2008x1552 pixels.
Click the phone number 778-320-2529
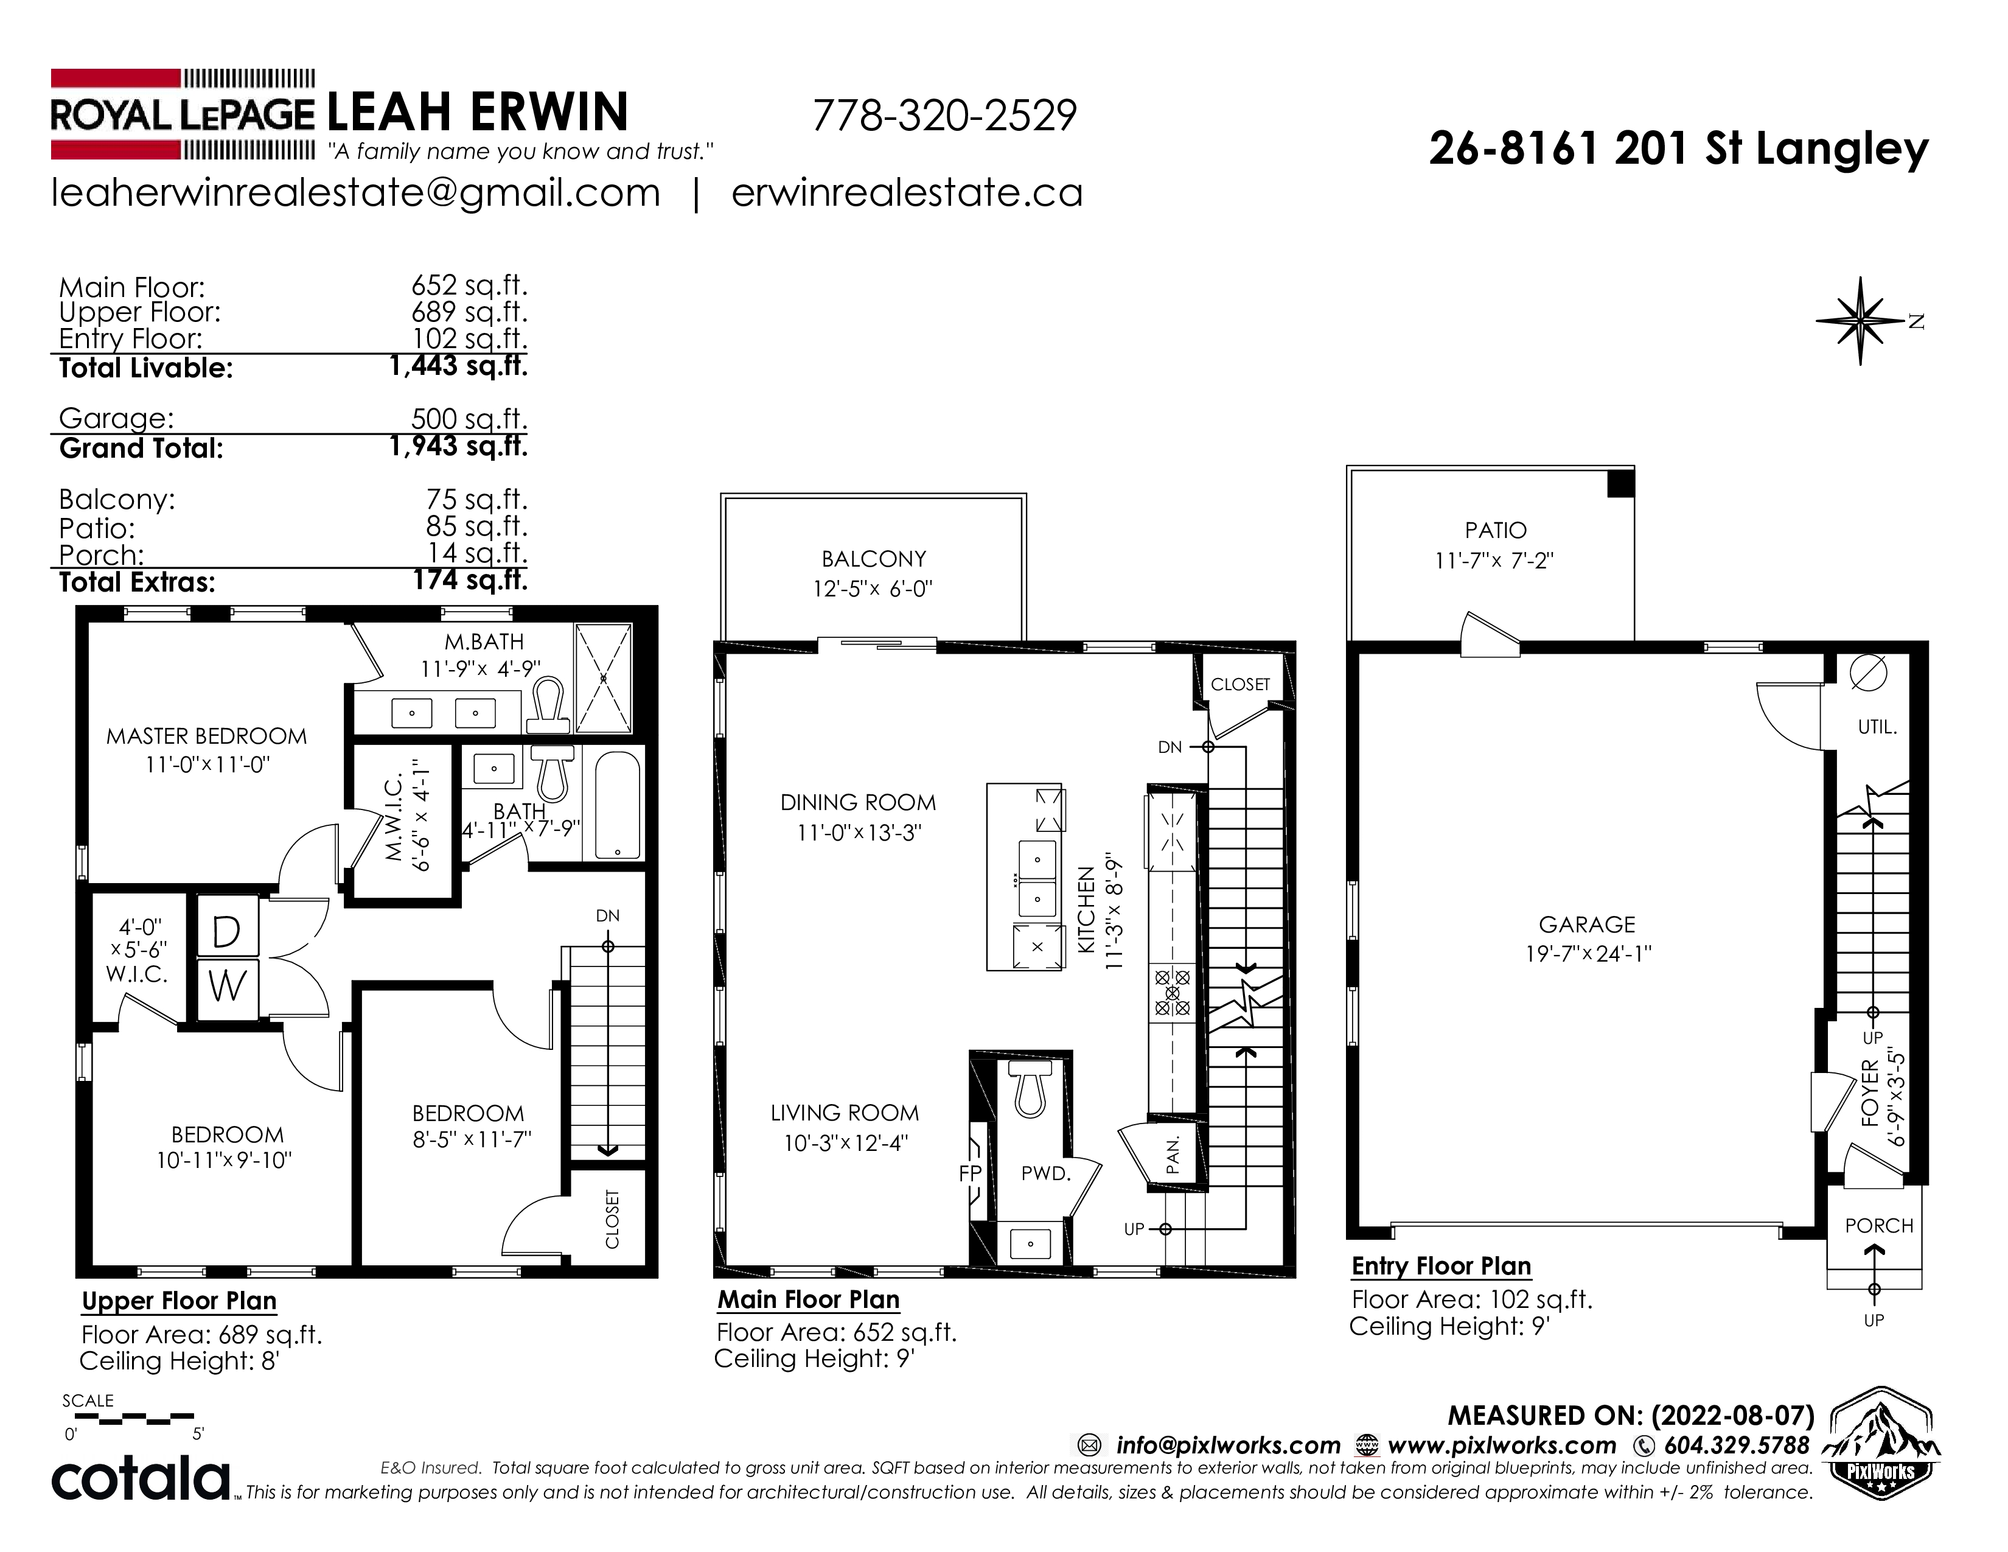pyautogui.click(x=944, y=116)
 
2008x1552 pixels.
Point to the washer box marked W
pyautogui.click(x=226, y=987)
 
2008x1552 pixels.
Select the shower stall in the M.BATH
pyautogui.click(x=603, y=677)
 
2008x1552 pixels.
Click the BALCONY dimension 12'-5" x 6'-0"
pyautogui.click(x=873, y=589)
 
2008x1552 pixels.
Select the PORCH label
pyautogui.click(x=1879, y=1226)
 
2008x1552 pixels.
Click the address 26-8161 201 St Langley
pyautogui.click(x=1678, y=149)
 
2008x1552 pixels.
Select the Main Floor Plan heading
pyautogui.click(x=808, y=1299)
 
